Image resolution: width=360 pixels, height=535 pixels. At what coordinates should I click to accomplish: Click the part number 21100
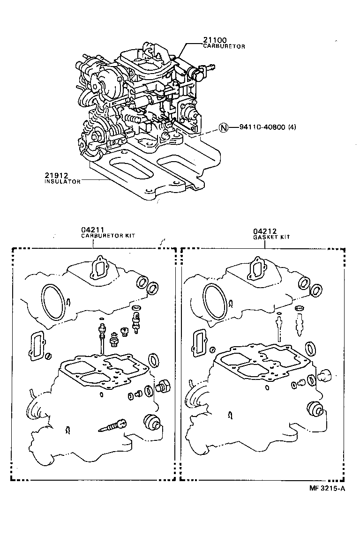tap(215, 41)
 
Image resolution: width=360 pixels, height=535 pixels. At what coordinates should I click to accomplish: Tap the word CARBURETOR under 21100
tap(224, 47)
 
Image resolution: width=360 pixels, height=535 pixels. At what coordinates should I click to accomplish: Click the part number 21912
tap(57, 175)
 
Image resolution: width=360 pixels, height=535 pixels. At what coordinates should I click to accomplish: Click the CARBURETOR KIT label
tap(108, 236)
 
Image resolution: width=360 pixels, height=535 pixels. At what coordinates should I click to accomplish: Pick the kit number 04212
tap(265, 231)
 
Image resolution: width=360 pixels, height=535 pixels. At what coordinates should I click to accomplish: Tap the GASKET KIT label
tap(271, 237)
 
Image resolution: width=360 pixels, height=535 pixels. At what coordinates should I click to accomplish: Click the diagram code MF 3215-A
tap(327, 489)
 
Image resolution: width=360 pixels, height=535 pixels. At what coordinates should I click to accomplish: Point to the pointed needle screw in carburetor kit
tap(114, 425)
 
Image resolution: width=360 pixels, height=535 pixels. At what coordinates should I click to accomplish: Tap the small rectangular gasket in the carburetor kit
tap(38, 347)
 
